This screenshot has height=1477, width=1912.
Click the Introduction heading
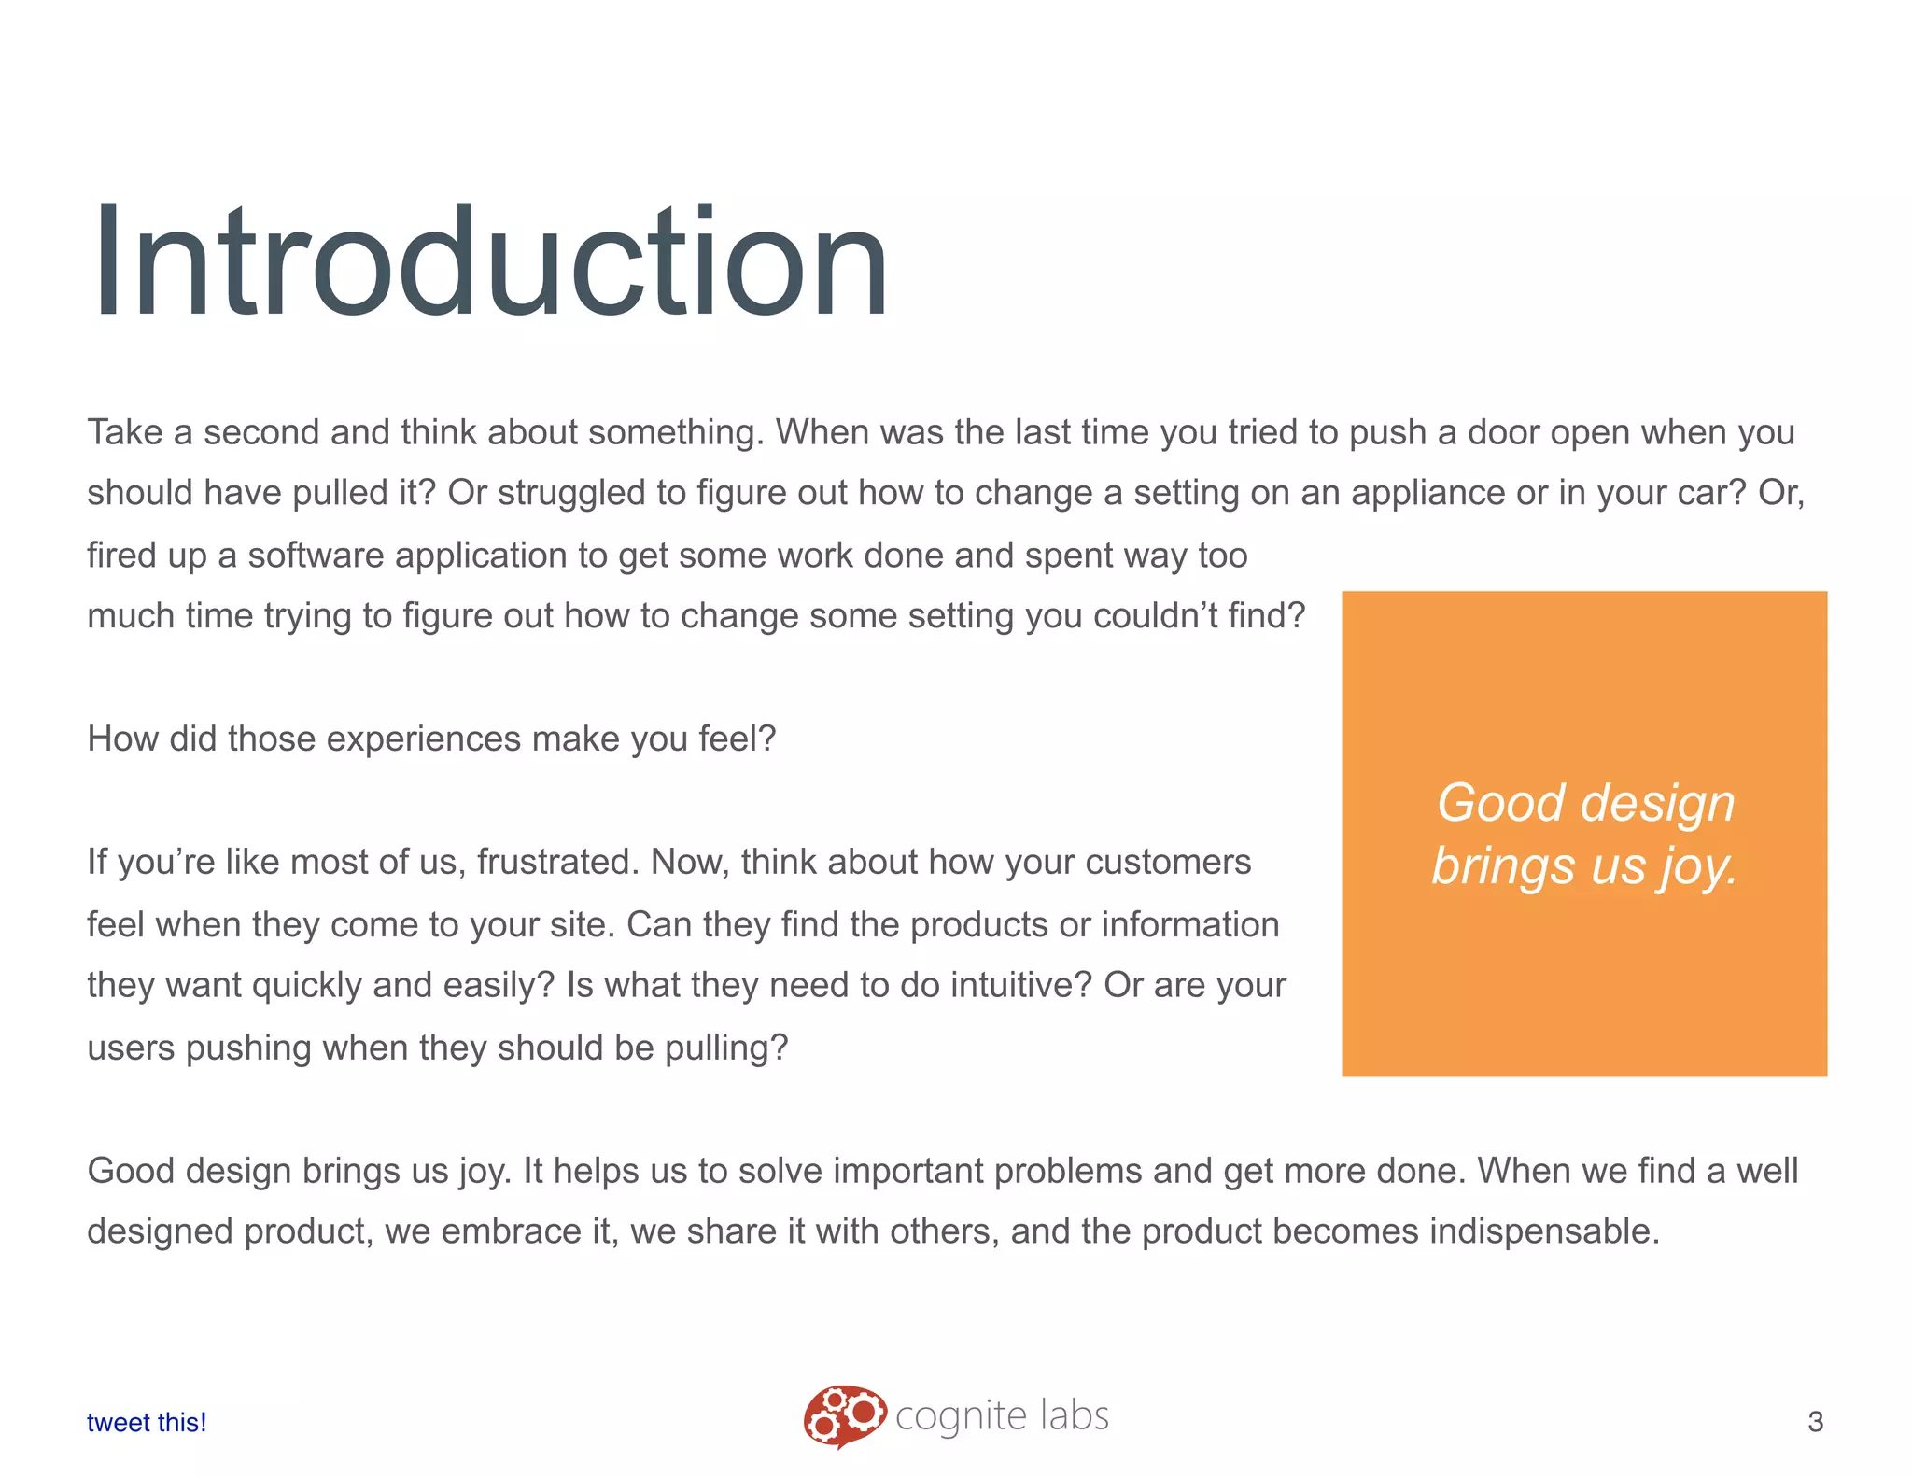[x=489, y=261]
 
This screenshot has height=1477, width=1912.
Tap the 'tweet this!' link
[x=147, y=1422]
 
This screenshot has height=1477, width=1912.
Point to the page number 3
[x=1815, y=1421]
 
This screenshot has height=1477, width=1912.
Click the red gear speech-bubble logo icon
[x=844, y=1415]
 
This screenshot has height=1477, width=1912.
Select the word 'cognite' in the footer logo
[x=961, y=1417]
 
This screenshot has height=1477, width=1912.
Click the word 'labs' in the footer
[x=1075, y=1415]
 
